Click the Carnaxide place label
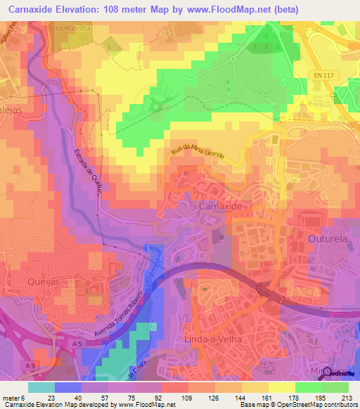click(221, 207)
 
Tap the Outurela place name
click(328, 239)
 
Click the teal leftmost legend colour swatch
click(41, 387)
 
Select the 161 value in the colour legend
click(269, 398)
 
